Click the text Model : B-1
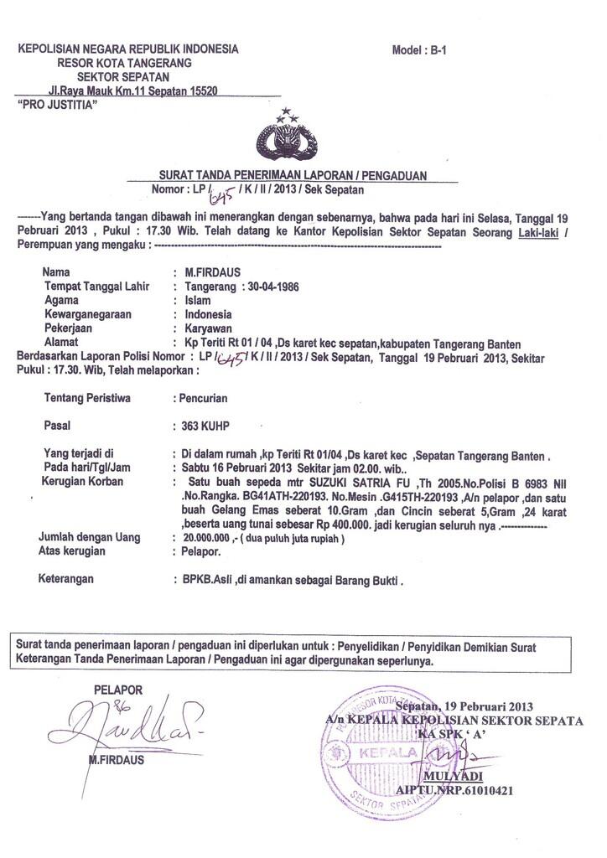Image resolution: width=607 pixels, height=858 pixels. [x=420, y=50]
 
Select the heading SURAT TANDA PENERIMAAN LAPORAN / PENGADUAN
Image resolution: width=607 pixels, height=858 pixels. [x=293, y=176]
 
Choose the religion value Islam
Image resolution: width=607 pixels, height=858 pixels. [x=187, y=300]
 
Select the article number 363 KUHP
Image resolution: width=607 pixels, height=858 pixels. [x=200, y=426]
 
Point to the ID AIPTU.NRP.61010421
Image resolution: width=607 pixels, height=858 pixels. [x=454, y=790]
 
